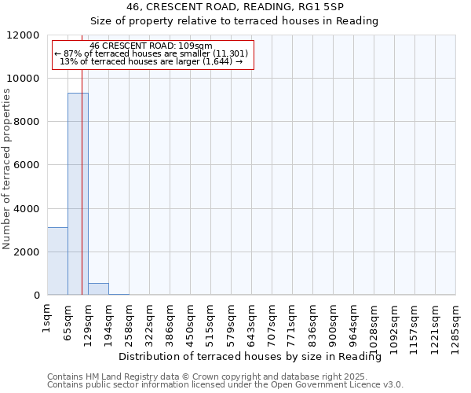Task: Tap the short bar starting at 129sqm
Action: [x=98, y=289]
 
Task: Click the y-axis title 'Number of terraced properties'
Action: [x=7, y=169]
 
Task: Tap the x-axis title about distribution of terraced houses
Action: [x=255, y=357]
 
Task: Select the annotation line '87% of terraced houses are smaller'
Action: [x=152, y=53]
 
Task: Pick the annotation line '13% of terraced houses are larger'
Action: [x=152, y=61]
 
